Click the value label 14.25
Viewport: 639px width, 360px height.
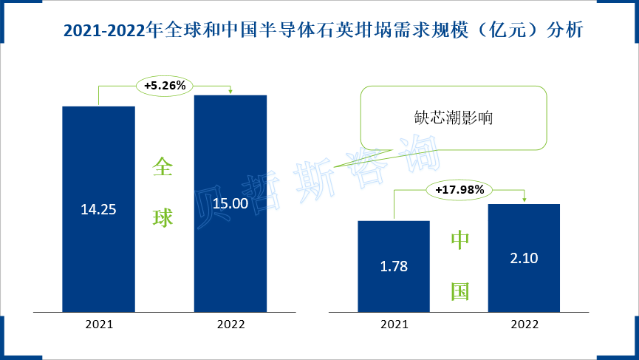(98, 209)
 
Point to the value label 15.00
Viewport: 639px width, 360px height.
(230, 203)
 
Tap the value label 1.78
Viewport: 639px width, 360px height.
(394, 266)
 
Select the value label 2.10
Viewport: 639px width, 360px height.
(524, 258)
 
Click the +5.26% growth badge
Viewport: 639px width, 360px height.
(164, 86)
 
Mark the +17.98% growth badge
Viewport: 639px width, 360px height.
(459, 190)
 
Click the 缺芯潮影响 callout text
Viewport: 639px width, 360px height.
(454, 118)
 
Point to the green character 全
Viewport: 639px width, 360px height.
(163, 167)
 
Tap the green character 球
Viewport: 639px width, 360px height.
(163, 217)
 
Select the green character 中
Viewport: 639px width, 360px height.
(460, 240)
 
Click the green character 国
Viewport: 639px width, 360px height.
(460, 291)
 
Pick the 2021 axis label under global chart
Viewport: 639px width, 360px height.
(98, 324)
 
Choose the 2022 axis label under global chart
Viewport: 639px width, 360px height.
(230, 324)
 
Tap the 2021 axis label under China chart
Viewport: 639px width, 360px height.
(394, 324)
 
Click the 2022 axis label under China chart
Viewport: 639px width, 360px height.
(524, 324)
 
